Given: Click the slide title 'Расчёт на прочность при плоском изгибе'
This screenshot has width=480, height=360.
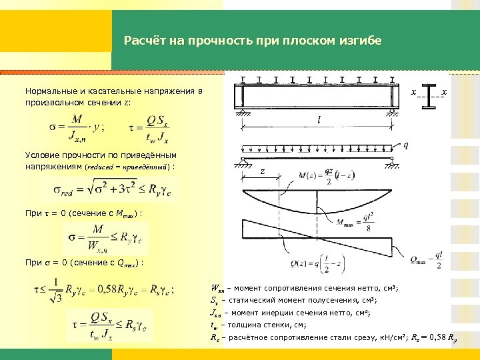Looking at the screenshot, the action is coord(253,41).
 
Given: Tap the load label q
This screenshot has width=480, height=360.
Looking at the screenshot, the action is coord(406,145).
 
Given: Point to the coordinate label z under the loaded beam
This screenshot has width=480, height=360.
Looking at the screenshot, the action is coord(263,171).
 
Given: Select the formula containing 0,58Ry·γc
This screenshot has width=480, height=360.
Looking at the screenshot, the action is coord(103,290).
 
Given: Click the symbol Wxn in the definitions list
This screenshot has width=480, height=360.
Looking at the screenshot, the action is coord(217,289).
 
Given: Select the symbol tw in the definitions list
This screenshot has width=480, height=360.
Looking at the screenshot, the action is coord(215,325).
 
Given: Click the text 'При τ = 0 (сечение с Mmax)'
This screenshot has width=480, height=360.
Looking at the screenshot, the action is coord(83,213).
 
